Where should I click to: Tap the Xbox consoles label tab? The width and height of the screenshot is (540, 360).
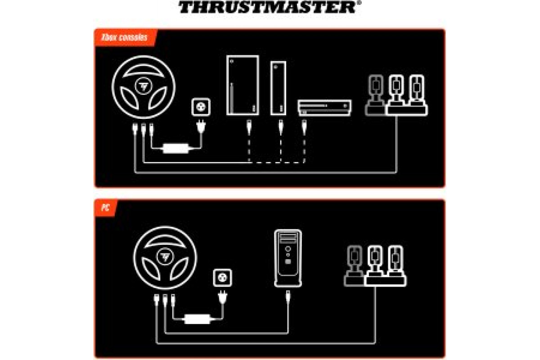[x=126, y=37]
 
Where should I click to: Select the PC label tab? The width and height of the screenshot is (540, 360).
[x=106, y=208]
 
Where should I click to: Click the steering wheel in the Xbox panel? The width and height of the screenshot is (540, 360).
[x=144, y=87]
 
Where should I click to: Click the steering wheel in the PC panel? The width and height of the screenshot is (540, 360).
[x=165, y=257]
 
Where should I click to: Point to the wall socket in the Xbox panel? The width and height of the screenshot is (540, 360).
[x=201, y=107]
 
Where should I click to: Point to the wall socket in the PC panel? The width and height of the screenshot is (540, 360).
[x=222, y=278]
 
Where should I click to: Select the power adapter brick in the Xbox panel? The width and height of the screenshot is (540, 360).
[x=176, y=148]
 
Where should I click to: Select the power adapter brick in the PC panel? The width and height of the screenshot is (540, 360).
[x=197, y=319]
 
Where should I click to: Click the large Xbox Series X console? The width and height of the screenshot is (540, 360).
[x=243, y=85]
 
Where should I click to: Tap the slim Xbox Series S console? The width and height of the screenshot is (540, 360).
[x=278, y=88]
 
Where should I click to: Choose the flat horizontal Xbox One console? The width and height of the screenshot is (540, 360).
[x=325, y=108]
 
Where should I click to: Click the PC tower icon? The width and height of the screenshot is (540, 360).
[x=288, y=258]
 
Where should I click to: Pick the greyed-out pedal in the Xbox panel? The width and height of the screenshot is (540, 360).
[x=376, y=95]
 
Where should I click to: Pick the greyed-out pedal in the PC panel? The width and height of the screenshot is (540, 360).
[x=354, y=266]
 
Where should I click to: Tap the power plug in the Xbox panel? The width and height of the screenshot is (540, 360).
[x=201, y=126]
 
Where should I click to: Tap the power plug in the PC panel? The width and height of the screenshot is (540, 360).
[x=222, y=297]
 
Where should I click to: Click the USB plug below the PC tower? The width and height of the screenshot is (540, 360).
[x=288, y=297]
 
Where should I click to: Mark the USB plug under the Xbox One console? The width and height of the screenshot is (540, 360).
[x=304, y=127]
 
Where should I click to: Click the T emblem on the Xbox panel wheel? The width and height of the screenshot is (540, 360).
[x=144, y=86]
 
